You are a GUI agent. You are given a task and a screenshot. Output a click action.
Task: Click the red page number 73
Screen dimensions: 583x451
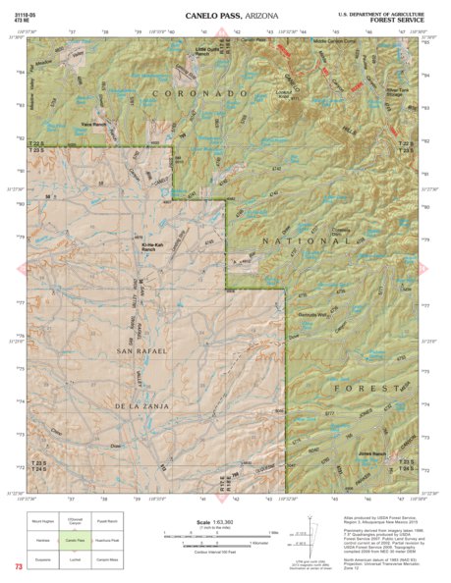coord(19,566)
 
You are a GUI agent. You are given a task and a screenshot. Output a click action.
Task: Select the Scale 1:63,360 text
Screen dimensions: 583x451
coord(211,522)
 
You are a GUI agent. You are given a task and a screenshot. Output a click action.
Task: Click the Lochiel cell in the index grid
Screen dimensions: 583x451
coord(73,556)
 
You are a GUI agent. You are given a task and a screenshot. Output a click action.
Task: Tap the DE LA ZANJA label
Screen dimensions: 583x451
coord(142,404)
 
